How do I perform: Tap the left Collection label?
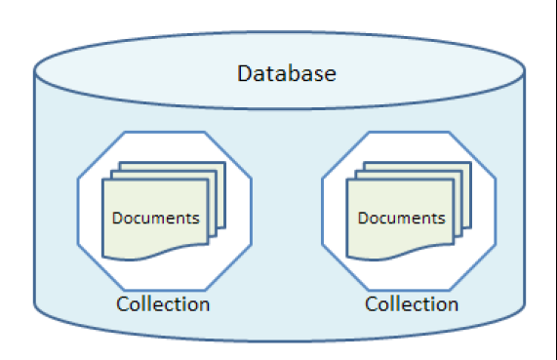point(162,303)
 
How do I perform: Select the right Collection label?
point(412,303)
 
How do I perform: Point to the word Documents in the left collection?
point(156,218)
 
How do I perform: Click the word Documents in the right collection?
point(402,218)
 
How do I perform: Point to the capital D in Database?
point(243,73)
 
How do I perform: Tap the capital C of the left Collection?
point(122,303)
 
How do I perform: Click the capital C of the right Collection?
point(372,303)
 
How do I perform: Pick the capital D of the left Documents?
point(117,218)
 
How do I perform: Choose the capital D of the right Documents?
point(363,218)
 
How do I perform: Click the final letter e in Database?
point(332,74)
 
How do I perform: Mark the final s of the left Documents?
point(196,219)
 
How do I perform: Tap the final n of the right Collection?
point(453,304)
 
